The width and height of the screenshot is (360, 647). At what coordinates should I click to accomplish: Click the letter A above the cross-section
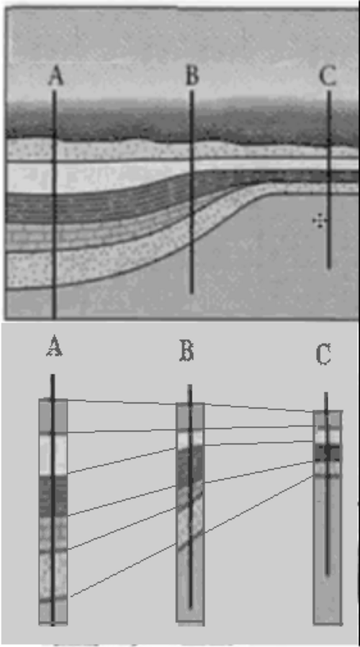point(55,77)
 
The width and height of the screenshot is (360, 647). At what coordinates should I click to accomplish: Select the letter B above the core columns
point(186,350)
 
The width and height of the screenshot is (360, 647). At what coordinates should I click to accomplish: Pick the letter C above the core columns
point(324,355)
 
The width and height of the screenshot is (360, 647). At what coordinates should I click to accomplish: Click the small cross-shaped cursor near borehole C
point(319,221)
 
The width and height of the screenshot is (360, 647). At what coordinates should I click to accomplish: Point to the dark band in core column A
point(53,496)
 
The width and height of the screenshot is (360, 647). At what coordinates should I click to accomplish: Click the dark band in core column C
point(327,453)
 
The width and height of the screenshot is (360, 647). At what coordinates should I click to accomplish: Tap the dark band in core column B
point(190,466)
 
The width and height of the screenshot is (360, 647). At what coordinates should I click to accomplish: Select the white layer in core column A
point(53,454)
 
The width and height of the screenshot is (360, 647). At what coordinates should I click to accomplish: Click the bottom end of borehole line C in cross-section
point(329,268)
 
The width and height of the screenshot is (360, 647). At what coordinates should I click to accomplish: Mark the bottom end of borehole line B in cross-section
point(192,292)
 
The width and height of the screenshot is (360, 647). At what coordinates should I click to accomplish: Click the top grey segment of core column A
point(53,415)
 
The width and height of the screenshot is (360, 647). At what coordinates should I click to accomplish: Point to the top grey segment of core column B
point(190,417)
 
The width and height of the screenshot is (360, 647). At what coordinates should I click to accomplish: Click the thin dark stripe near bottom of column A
point(53,599)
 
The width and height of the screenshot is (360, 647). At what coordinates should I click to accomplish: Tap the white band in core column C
point(327,435)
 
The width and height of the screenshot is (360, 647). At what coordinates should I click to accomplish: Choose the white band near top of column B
point(190,439)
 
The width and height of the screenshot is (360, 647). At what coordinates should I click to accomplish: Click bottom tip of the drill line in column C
point(327,574)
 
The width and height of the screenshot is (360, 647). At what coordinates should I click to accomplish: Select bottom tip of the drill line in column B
point(190,607)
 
